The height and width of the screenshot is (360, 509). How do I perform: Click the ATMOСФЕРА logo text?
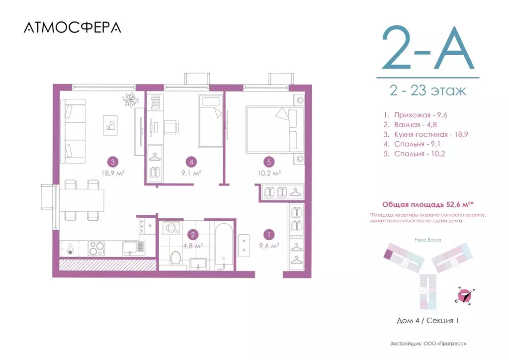pyautogui.click(x=72, y=28)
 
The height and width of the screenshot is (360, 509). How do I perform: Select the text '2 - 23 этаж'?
pyautogui.click(x=428, y=91)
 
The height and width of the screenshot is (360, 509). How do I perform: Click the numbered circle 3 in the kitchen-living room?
pyautogui.click(x=114, y=161)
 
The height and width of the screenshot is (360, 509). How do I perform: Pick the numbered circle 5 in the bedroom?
pyautogui.click(x=269, y=161)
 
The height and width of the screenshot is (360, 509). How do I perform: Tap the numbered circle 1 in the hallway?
pyautogui.click(x=269, y=234)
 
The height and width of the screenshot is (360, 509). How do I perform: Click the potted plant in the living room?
pyautogui.click(x=131, y=99)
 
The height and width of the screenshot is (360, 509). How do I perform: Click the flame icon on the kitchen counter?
pyautogui.click(x=70, y=247)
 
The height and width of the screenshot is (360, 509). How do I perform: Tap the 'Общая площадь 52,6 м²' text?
pyautogui.click(x=427, y=204)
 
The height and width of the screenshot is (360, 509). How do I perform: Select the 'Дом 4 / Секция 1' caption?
pyautogui.click(x=427, y=320)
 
